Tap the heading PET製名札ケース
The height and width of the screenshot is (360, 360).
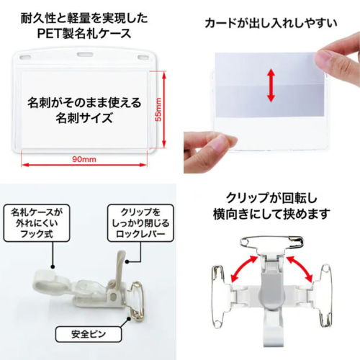89,33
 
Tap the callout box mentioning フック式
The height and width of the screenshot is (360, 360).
37,224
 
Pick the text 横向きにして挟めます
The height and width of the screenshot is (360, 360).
269,214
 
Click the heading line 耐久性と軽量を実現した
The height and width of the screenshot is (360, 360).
89,16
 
